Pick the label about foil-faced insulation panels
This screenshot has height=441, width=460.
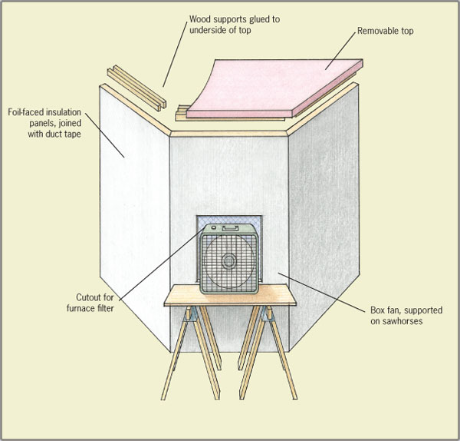click(x=45, y=122)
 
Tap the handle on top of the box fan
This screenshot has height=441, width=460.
click(x=227, y=228)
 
